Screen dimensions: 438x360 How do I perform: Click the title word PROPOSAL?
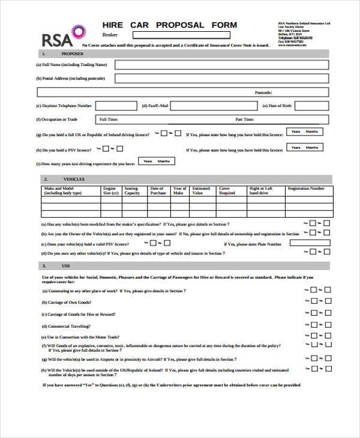181,25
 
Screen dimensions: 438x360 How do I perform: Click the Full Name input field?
222,64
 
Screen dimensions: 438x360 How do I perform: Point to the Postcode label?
263,92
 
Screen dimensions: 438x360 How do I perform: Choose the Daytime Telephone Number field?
116,106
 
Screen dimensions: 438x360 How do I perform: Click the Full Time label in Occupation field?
109,119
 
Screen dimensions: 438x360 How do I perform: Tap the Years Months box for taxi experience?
157,161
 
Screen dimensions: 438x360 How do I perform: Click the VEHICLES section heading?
74,179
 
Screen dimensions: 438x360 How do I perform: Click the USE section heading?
65,265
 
